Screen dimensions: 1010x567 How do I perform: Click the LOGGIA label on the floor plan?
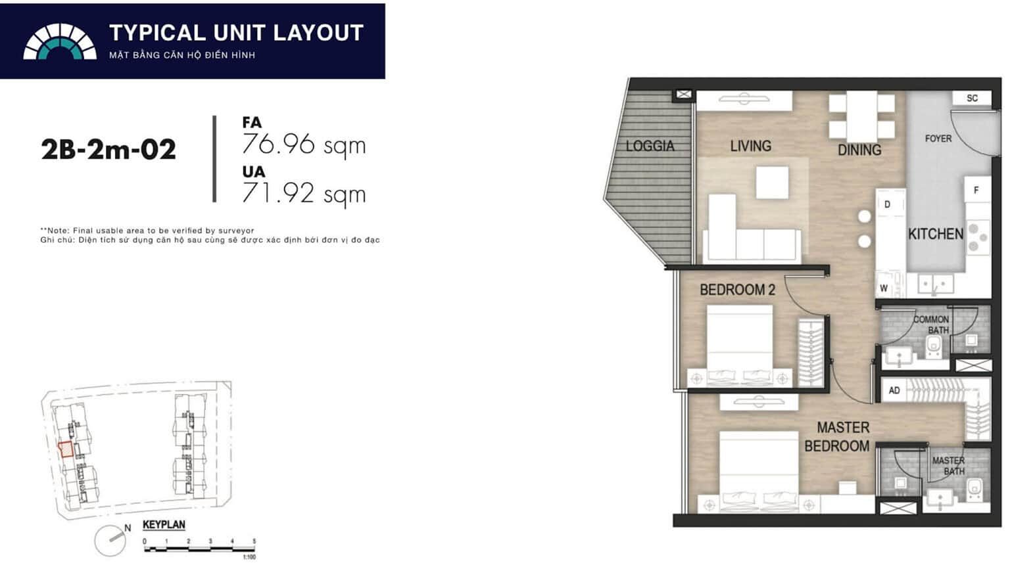[x=650, y=146]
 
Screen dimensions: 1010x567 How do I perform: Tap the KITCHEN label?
[x=936, y=234]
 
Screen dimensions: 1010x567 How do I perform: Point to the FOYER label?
[x=938, y=139]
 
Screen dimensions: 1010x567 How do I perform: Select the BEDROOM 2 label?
[x=737, y=290]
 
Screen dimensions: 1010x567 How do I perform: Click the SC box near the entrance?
[x=972, y=98]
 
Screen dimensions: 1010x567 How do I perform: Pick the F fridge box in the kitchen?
[x=976, y=190]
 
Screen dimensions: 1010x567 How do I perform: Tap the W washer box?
[x=884, y=288]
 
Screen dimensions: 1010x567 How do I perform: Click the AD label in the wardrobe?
[x=894, y=390]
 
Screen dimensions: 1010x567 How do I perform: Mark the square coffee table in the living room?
[x=773, y=182]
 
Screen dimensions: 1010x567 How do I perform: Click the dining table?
[x=861, y=117]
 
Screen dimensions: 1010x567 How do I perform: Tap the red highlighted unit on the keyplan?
[x=66, y=449]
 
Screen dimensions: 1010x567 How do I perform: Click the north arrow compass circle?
[x=110, y=541]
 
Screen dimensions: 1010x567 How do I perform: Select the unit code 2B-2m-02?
[x=108, y=150]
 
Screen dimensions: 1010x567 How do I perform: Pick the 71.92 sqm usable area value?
[x=303, y=194]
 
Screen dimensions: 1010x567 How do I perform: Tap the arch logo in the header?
[x=60, y=41]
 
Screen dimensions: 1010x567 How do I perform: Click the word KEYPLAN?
[x=164, y=525]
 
